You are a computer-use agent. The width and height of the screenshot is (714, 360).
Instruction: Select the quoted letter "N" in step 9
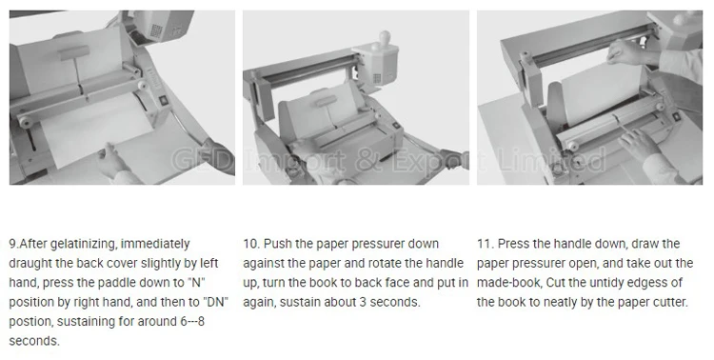196,283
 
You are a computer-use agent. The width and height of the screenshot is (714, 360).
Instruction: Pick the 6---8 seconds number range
192,322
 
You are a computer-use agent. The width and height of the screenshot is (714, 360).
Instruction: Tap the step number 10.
251,244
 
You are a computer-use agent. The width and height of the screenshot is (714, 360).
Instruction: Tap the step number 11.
485,244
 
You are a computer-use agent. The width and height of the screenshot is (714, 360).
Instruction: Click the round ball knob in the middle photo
384,36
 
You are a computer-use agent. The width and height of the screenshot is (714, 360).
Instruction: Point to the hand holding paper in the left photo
113,160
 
